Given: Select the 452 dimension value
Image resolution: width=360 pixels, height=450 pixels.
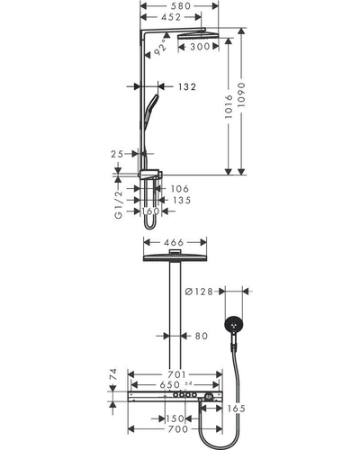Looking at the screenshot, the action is point(171,17).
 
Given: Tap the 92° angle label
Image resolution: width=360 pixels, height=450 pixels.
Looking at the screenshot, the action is point(160,47).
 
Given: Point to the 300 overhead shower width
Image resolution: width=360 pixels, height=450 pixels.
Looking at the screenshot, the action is point(200,47).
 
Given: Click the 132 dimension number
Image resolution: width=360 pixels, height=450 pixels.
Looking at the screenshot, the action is point(187,86).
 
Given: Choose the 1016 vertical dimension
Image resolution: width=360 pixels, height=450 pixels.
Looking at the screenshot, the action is point(229,106).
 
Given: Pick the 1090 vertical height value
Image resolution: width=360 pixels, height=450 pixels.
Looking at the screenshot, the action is point(241,95).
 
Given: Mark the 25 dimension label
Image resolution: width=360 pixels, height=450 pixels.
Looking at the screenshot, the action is point(117,154).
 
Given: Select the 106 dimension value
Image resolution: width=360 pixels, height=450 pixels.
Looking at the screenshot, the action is point(180,189).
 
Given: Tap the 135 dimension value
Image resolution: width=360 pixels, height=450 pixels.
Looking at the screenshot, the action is point(182,200).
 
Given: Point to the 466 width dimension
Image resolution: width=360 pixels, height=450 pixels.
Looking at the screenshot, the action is point(173,242).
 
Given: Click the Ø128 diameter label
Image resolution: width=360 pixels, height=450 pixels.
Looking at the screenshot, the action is point(199,292).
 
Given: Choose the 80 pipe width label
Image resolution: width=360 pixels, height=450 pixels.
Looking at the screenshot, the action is point(202,336).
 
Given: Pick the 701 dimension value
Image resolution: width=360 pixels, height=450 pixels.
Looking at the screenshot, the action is point(177,374).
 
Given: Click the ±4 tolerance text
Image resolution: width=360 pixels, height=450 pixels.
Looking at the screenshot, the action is point(188,383).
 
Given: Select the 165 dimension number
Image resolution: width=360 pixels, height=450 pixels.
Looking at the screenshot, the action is point(236,409).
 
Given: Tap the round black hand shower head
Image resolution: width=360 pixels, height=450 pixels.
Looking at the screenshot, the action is point(234,325).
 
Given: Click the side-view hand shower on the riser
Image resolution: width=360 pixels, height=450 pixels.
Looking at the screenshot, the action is point(151,112).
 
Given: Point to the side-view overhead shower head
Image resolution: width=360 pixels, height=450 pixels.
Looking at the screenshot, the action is point(198,35).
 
